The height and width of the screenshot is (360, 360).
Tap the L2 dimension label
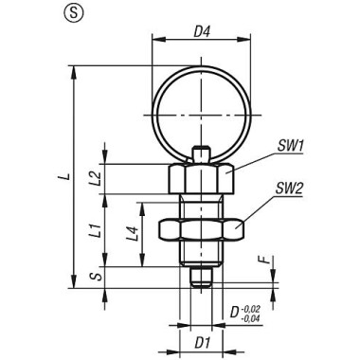click(x=108, y=177)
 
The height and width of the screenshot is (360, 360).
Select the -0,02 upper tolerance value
click(x=253, y=306)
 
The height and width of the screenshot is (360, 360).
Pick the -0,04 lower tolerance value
click(x=253, y=317)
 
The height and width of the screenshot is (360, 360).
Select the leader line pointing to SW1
click(x=243, y=157)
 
